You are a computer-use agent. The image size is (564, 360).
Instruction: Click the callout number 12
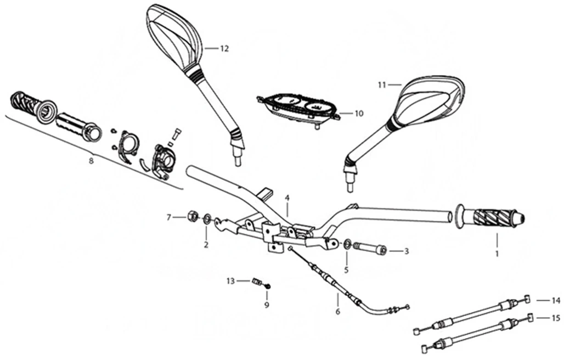click(x=224, y=48)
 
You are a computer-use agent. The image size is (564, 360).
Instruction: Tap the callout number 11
click(x=382, y=85)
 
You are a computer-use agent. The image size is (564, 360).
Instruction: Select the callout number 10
click(x=359, y=114)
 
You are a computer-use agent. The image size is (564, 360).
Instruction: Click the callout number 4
click(x=286, y=197)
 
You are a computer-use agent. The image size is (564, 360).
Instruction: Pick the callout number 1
click(x=497, y=254)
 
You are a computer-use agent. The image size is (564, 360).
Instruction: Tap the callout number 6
click(x=337, y=312)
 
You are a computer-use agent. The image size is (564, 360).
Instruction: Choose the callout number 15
click(x=556, y=318)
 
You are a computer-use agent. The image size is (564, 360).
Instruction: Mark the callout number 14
click(x=556, y=300)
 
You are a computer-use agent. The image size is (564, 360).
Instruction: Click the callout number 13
click(x=231, y=281)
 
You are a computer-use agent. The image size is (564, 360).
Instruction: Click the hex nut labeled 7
click(x=193, y=217)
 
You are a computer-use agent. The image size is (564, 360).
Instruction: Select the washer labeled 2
click(x=207, y=220)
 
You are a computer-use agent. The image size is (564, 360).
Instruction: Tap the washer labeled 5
click(x=347, y=244)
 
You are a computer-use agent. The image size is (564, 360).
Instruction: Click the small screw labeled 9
click(x=267, y=286)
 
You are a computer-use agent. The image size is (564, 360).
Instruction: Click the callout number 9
click(x=267, y=305)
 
